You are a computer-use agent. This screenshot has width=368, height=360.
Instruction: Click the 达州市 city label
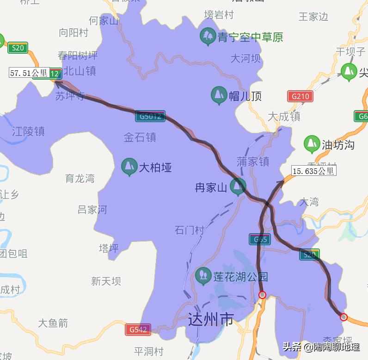click(211, 319)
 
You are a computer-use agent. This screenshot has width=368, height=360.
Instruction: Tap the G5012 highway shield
click(150, 116)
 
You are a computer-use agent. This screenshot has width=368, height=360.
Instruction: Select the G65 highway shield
click(259, 239)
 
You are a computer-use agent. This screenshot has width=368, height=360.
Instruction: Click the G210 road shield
click(300, 97)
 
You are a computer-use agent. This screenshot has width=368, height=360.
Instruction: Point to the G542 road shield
click(138, 329)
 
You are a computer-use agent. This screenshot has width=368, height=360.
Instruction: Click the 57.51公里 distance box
click(29, 73)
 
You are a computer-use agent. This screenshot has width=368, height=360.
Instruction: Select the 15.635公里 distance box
click(313, 171)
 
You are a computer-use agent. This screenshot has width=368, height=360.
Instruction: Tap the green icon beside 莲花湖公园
click(202, 276)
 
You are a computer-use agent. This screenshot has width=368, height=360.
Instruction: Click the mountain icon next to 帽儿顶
click(218, 95)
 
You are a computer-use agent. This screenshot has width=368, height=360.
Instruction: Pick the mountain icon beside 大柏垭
click(129, 167)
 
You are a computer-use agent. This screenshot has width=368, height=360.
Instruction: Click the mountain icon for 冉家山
click(238, 186)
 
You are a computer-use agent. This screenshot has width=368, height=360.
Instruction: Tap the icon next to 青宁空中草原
click(207, 36)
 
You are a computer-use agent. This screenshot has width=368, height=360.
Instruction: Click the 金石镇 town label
click(140, 137)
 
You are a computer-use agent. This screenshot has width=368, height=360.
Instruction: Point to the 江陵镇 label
click(28, 131)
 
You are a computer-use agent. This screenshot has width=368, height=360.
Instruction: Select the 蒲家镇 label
click(252, 161)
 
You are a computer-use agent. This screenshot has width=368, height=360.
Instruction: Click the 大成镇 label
click(284, 116)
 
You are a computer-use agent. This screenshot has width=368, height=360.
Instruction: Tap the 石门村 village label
click(190, 230)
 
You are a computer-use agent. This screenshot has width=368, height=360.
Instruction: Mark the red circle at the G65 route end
click(262, 295)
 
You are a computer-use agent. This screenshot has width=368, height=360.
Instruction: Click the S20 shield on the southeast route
click(309, 254)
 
